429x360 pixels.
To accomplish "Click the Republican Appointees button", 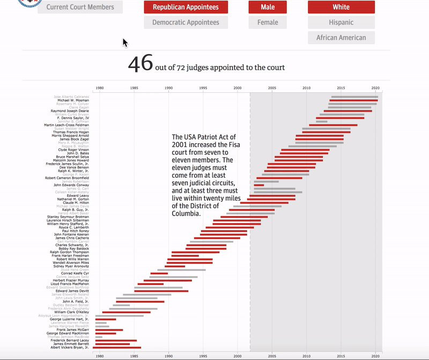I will [x=186, y=7].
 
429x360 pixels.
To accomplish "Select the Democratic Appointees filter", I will [x=186, y=23].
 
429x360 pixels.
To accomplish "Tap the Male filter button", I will [x=267, y=7].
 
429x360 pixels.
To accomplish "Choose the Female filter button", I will [x=267, y=23].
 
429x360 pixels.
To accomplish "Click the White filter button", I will [x=341, y=7].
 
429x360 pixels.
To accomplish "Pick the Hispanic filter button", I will [x=341, y=23].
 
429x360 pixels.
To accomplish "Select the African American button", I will [x=341, y=38].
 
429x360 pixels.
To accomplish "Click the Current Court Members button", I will [x=80, y=7].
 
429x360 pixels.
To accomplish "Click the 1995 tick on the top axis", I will [x=203, y=88].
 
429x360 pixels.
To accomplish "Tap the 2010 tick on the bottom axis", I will [x=306, y=355].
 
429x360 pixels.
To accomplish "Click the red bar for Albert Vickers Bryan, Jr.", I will [x=118, y=348].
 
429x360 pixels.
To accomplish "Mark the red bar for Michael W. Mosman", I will [x=353, y=100].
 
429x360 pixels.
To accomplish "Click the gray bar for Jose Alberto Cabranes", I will [x=354, y=97].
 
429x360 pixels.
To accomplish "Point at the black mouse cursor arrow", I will [x=125, y=42].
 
